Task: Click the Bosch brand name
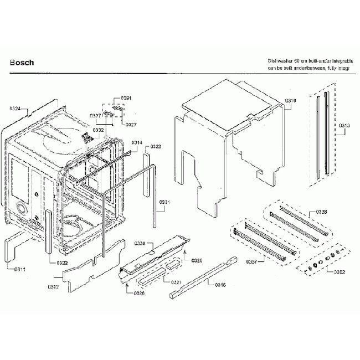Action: coord(22,63)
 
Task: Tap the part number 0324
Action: coord(15,109)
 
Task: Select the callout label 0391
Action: coord(126,98)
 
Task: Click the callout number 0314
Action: coord(137,143)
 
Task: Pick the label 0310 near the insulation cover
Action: coord(291,100)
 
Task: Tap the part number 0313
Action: coord(343,126)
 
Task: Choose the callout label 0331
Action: coord(166,202)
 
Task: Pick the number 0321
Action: coord(176,282)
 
